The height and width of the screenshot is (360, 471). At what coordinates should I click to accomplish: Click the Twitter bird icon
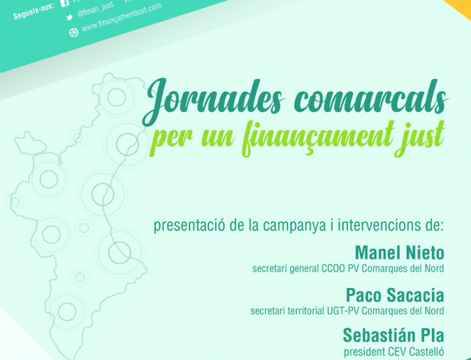pos(69,18)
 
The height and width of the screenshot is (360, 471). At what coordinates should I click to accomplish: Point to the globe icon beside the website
pos(74,32)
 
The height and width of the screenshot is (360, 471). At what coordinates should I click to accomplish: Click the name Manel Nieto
pos(399,253)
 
